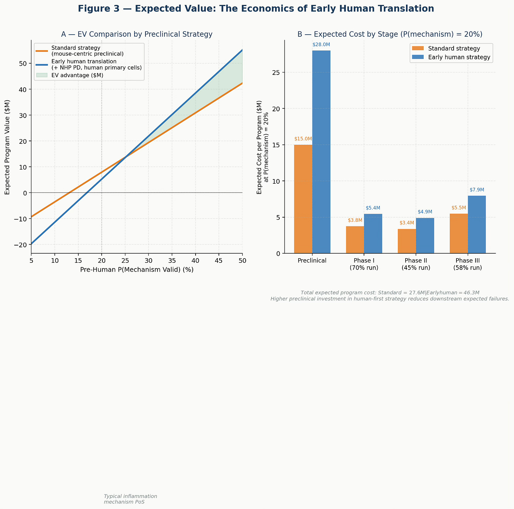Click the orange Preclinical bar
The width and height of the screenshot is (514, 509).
pos(303,199)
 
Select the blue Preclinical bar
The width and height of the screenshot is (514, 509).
pos(321,152)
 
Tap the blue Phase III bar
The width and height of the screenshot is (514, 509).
pos(477,224)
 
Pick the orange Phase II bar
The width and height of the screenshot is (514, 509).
pos(407,241)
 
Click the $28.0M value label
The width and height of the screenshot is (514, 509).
pos(321,45)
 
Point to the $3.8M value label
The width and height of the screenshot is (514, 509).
pos(355,220)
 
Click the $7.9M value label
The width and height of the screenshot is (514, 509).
pos(477,190)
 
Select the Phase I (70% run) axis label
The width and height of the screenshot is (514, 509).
pos(364,264)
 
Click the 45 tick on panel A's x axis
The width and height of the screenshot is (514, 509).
pos(219,261)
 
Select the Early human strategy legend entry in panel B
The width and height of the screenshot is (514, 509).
pos(459,58)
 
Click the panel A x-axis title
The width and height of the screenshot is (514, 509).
pos(137,270)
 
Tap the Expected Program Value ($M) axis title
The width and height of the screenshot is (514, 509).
pos(7,147)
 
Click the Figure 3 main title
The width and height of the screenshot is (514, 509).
pos(256,9)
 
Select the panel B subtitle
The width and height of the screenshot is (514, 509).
pos(390,34)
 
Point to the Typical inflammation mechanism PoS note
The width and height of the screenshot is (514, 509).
pos(130,499)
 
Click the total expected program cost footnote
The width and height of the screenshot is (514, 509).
pos(390,292)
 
